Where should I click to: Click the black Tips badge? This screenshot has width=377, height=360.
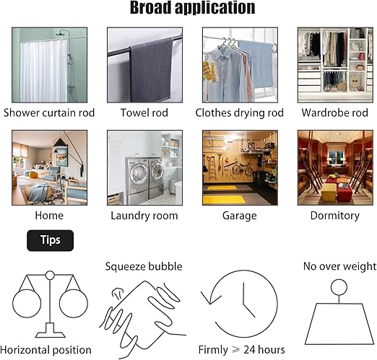point(50,240)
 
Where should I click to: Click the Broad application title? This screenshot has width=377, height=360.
point(192,8)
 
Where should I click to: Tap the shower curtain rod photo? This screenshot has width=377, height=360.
point(50,65)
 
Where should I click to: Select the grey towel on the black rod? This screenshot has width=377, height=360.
point(151,69)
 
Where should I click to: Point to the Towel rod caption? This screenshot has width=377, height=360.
point(144,113)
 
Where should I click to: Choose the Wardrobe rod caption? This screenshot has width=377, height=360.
point(335,113)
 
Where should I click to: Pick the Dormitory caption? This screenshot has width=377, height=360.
point(335,216)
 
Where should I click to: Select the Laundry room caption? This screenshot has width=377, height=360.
point(144,216)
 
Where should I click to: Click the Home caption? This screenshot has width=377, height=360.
point(49,216)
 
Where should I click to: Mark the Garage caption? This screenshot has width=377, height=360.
point(240,216)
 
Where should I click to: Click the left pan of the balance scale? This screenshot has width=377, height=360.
point(27,304)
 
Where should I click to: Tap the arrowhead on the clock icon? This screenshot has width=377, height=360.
point(209,298)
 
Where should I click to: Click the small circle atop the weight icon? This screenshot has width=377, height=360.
point(339,287)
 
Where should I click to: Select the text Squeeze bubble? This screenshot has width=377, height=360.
point(144,266)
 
